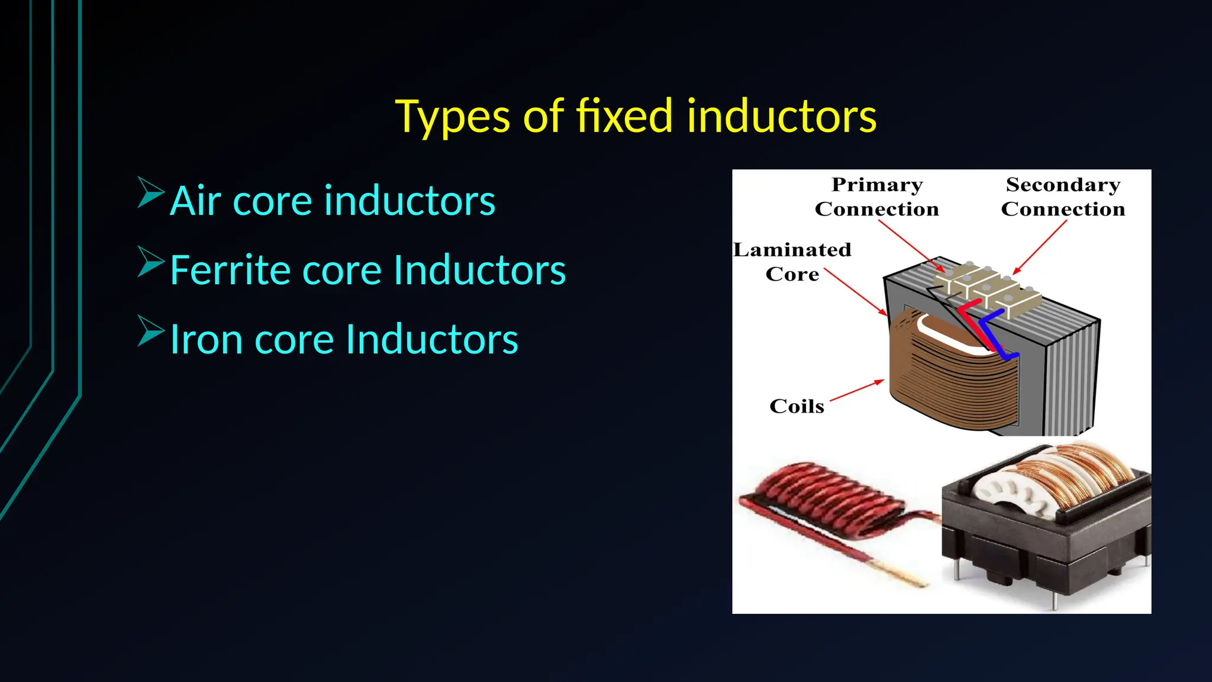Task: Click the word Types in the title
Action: [x=452, y=117]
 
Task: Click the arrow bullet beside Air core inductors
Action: [x=150, y=192]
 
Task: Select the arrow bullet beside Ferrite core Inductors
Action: [x=150, y=262]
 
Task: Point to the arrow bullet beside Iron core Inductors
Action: [x=150, y=331]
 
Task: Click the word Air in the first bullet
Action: [x=195, y=201]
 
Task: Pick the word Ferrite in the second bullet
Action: [x=230, y=270]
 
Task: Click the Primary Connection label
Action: [x=876, y=197]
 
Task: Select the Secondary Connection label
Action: [x=1063, y=197]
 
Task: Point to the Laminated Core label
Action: [x=792, y=262]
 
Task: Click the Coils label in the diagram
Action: [x=797, y=406]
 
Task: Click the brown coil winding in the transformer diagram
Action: [x=947, y=385]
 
